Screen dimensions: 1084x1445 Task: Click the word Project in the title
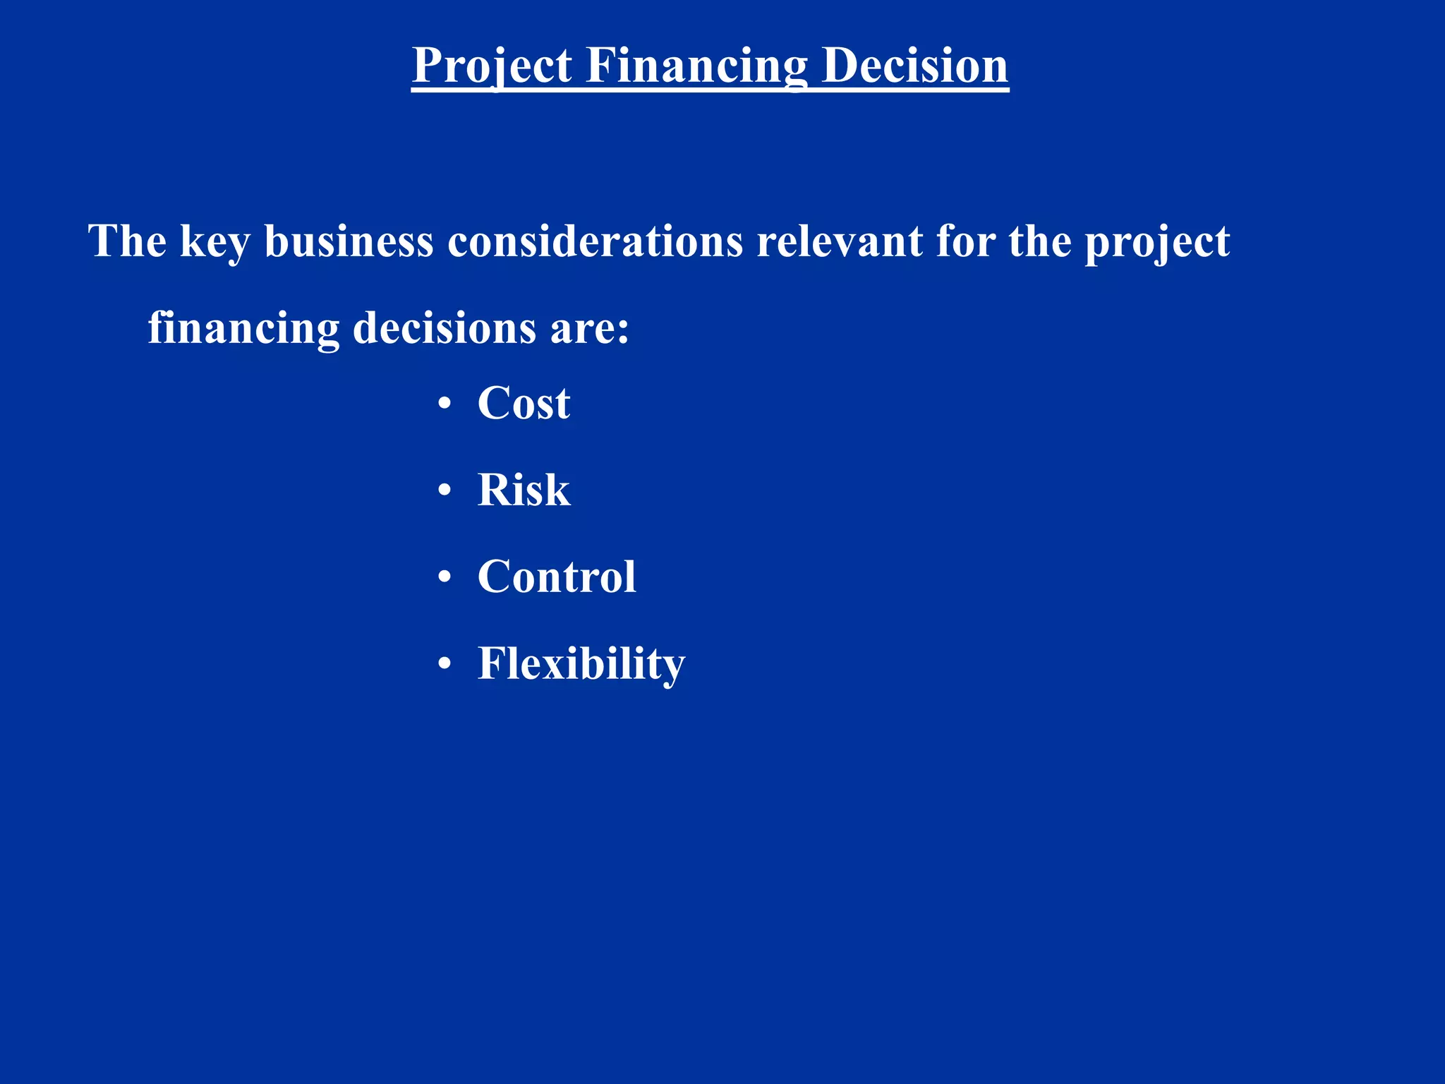[492, 65]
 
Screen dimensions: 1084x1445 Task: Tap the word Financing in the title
[696, 65]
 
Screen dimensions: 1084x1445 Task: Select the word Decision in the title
[915, 65]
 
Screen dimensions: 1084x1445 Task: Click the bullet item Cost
[524, 403]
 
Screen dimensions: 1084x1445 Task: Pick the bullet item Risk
[524, 490]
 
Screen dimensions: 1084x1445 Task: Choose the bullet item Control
[557, 577]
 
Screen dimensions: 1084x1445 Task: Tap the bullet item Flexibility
[581, 663]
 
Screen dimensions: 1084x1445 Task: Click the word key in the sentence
[215, 242]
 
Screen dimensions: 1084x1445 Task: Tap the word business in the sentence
[349, 241]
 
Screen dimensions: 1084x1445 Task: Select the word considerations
[595, 241]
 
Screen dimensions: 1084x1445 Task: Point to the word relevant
[840, 241]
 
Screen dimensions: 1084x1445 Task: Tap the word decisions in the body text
[445, 327]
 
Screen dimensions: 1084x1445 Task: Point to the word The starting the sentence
[127, 241]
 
